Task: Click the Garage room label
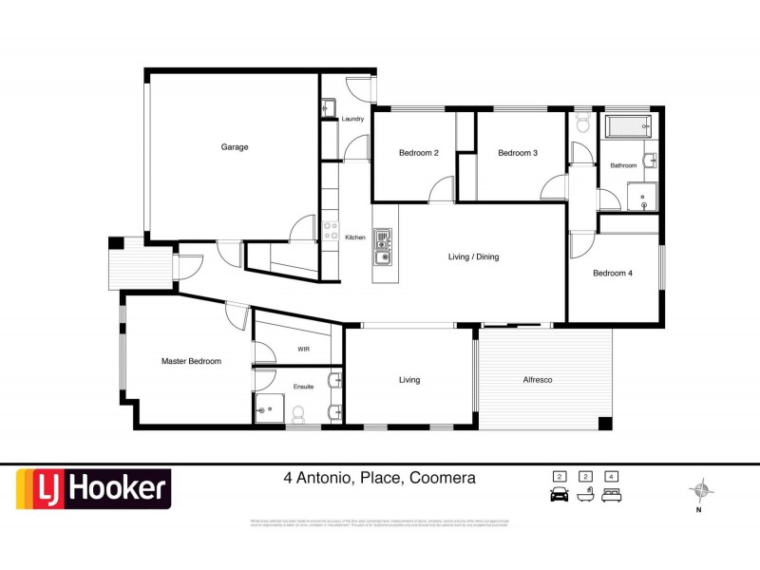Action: click(235, 147)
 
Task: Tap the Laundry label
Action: click(352, 119)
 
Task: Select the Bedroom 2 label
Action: click(418, 153)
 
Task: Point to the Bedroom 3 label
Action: click(518, 153)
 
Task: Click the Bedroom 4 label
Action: click(613, 274)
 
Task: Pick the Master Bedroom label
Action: click(191, 361)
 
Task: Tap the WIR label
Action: click(304, 350)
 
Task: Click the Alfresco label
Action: click(538, 380)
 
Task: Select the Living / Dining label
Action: click(473, 256)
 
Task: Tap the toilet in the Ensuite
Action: click(298, 413)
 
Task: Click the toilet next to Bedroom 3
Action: click(581, 123)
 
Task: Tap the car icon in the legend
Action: click(559, 494)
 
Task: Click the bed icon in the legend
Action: click(613, 494)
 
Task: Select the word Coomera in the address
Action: click(442, 479)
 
